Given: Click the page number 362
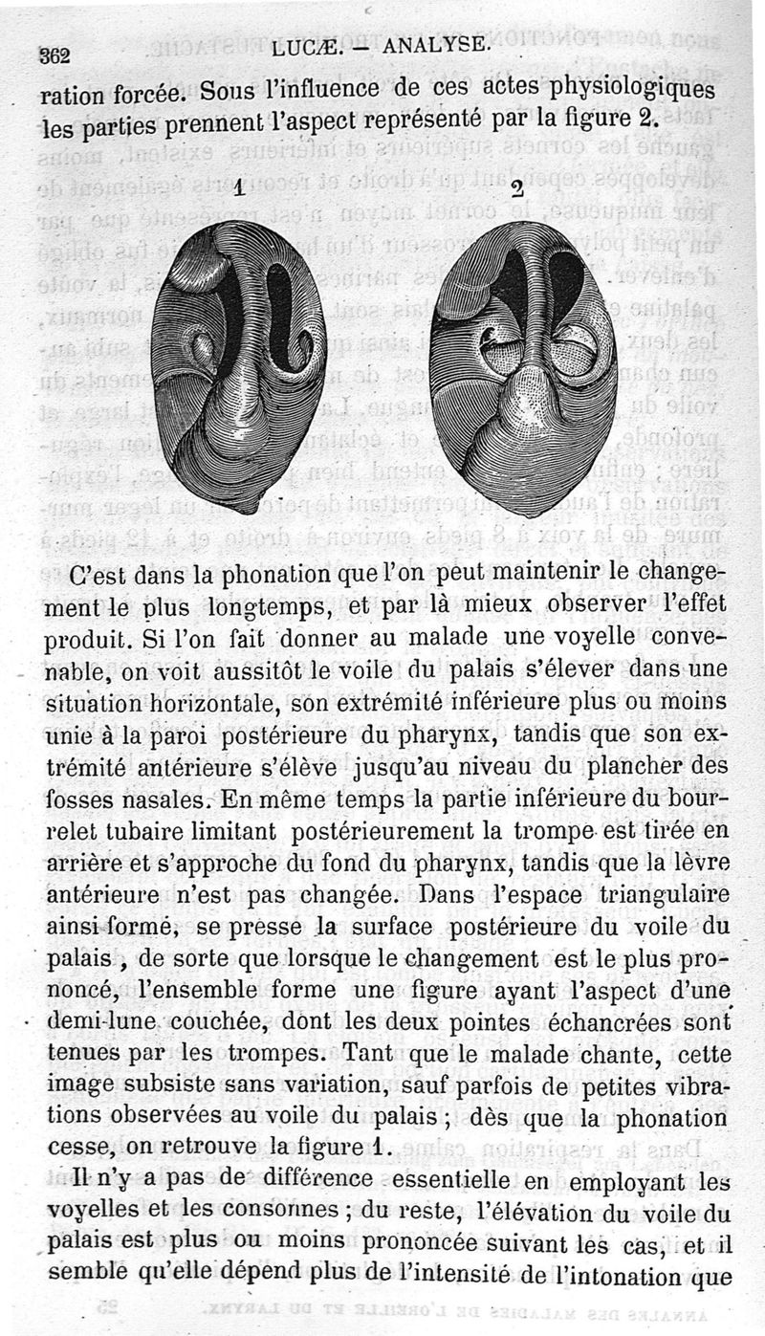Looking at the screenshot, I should [x=55, y=55].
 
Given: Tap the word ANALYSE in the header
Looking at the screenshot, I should [x=436, y=44].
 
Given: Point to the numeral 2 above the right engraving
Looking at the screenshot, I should [x=517, y=189].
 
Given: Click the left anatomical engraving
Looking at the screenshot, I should [x=238, y=365].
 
